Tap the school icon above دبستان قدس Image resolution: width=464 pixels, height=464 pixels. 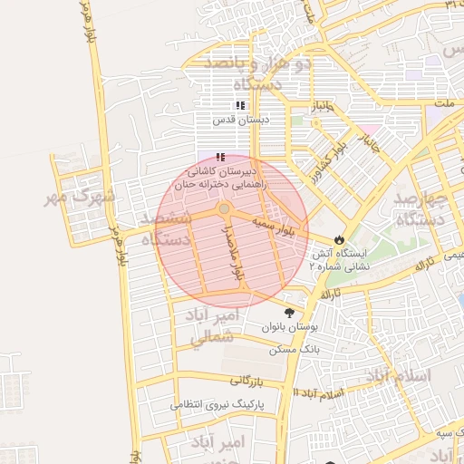pos(240,105)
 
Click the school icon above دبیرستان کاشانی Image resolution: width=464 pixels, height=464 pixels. pos(220,157)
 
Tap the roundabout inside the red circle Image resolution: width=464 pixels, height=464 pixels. pos(224,209)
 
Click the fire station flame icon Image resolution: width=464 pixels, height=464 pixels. pos(339,239)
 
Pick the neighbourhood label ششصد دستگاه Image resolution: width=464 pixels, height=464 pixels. pos(166,229)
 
